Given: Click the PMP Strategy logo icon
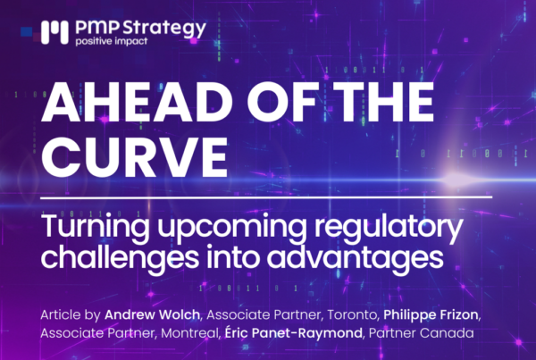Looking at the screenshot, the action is coord(54,32).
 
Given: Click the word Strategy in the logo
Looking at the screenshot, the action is coord(164,29).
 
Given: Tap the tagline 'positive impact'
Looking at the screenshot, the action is coord(112,41).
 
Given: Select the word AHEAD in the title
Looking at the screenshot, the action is coord(135,102).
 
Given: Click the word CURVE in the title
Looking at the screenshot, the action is coord(134,156).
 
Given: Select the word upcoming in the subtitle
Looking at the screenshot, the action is coord(231,229).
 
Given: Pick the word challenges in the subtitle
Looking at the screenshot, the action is coord(120,258).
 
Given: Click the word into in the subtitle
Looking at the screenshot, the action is coord(232,256).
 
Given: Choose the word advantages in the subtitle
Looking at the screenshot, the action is coord(356,258).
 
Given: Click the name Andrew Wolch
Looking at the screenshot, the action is coord(152,314).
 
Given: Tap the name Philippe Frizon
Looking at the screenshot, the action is coord(431,315).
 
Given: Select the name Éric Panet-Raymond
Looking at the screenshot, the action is coord(293,332).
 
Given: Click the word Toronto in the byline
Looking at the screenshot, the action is coord(351,314).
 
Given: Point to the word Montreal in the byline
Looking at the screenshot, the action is coord(189,333).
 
